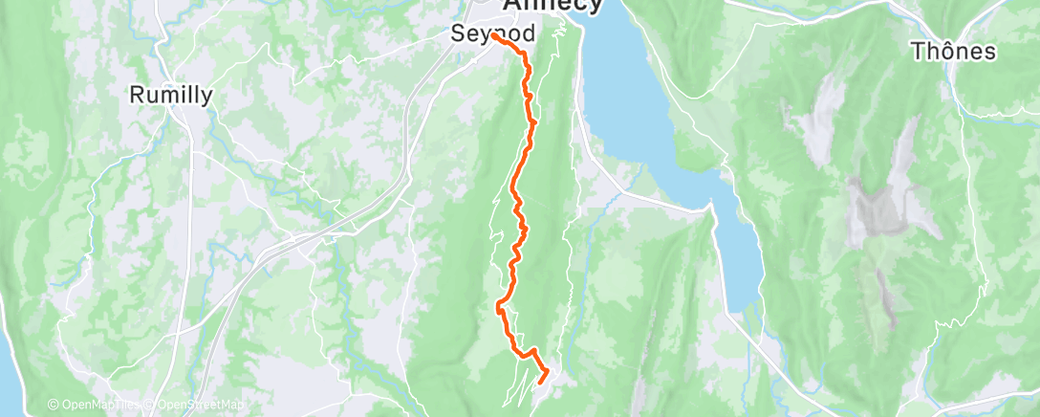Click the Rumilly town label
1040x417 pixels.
(171, 95)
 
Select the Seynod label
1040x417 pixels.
(492, 33)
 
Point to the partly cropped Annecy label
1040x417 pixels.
(552, 6)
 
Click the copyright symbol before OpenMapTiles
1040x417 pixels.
(53, 406)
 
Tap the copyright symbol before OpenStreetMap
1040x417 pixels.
(152, 406)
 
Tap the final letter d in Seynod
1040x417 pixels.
(528, 33)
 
